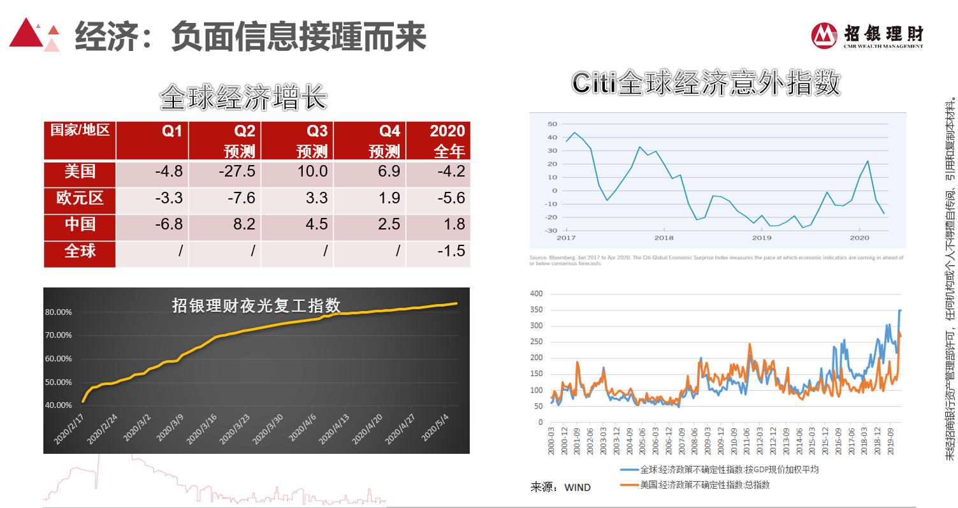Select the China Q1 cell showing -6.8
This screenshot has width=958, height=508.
click(x=168, y=224)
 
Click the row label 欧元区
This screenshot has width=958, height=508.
click(x=80, y=198)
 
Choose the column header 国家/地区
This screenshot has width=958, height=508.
click(x=80, y=131)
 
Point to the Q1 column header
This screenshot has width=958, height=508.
click(x=171, y=131)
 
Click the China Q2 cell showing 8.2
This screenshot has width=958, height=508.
click(x=242, y=224)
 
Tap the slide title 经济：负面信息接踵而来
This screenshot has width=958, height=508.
click(x=250, y=37)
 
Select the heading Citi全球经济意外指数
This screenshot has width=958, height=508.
click(x=706, y=83)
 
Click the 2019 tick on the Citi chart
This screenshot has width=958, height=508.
click(x=762, y=238)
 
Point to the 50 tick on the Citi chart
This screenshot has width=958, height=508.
click(x=552, y=124)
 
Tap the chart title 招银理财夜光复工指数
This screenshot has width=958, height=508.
click(x=256, y=305)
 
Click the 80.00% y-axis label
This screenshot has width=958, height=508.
click(x=59, y=312)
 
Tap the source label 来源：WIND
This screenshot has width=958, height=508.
click(x=561, y=488)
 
